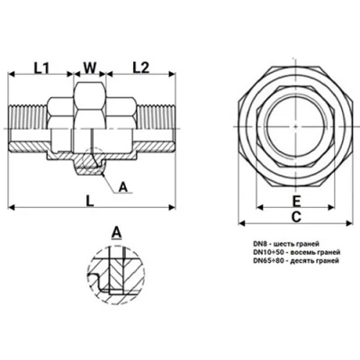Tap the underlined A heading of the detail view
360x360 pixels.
point(115,232)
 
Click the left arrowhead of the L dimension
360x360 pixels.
point(13,208)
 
